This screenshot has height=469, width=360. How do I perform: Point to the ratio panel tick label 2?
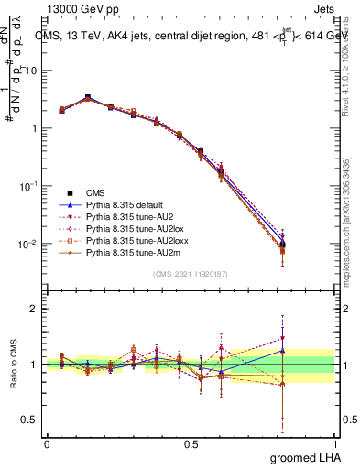pos(34,310)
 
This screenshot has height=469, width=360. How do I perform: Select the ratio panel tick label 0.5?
pos(30,420)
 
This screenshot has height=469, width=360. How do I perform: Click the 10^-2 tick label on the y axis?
pos(28,245)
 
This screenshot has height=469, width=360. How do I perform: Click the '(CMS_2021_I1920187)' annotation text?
pos(191,274)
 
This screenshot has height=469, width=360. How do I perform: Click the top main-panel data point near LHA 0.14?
pos(87,97)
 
